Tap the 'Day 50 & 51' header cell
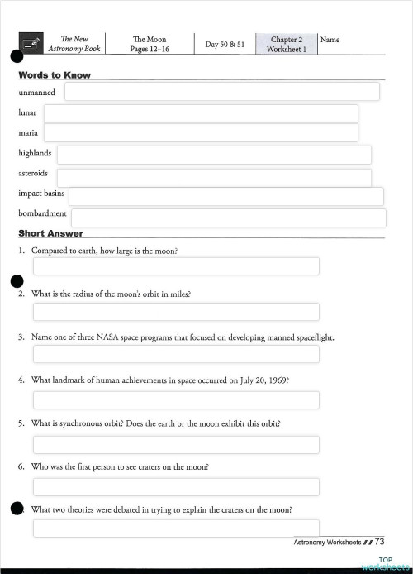pyautogui.click(x=225, y=45)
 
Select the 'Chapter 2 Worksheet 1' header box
pyautogui.click(x=286, y=44)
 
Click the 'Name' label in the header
pyautogui.click(x=330, y=40)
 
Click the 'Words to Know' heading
pyautogui.click(x=55, y=75)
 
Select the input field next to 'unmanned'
pyautogui.click(x=221, y=92)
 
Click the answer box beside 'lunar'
pyautogui.click(x=201, y=113)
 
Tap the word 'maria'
pyautogui.click(x=28, y=132)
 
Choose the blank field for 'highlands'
pyautogui.click(x=214, y=155)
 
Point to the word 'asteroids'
pyautogui.click(x=33, y=174)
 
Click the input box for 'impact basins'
pyautogui.click(x=225, y=196)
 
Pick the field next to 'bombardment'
pyautogui.click(x=228, y=218)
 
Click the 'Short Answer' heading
pyautogui.click(x=50, y=233)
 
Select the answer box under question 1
pyautogui.click(x=176, y=266)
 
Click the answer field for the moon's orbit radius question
pyautogui.click(x=176, y=312)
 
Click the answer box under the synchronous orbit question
pyautogui.click(x=176, y=445)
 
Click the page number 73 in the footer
pyautogui.click(x=380, y=542)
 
